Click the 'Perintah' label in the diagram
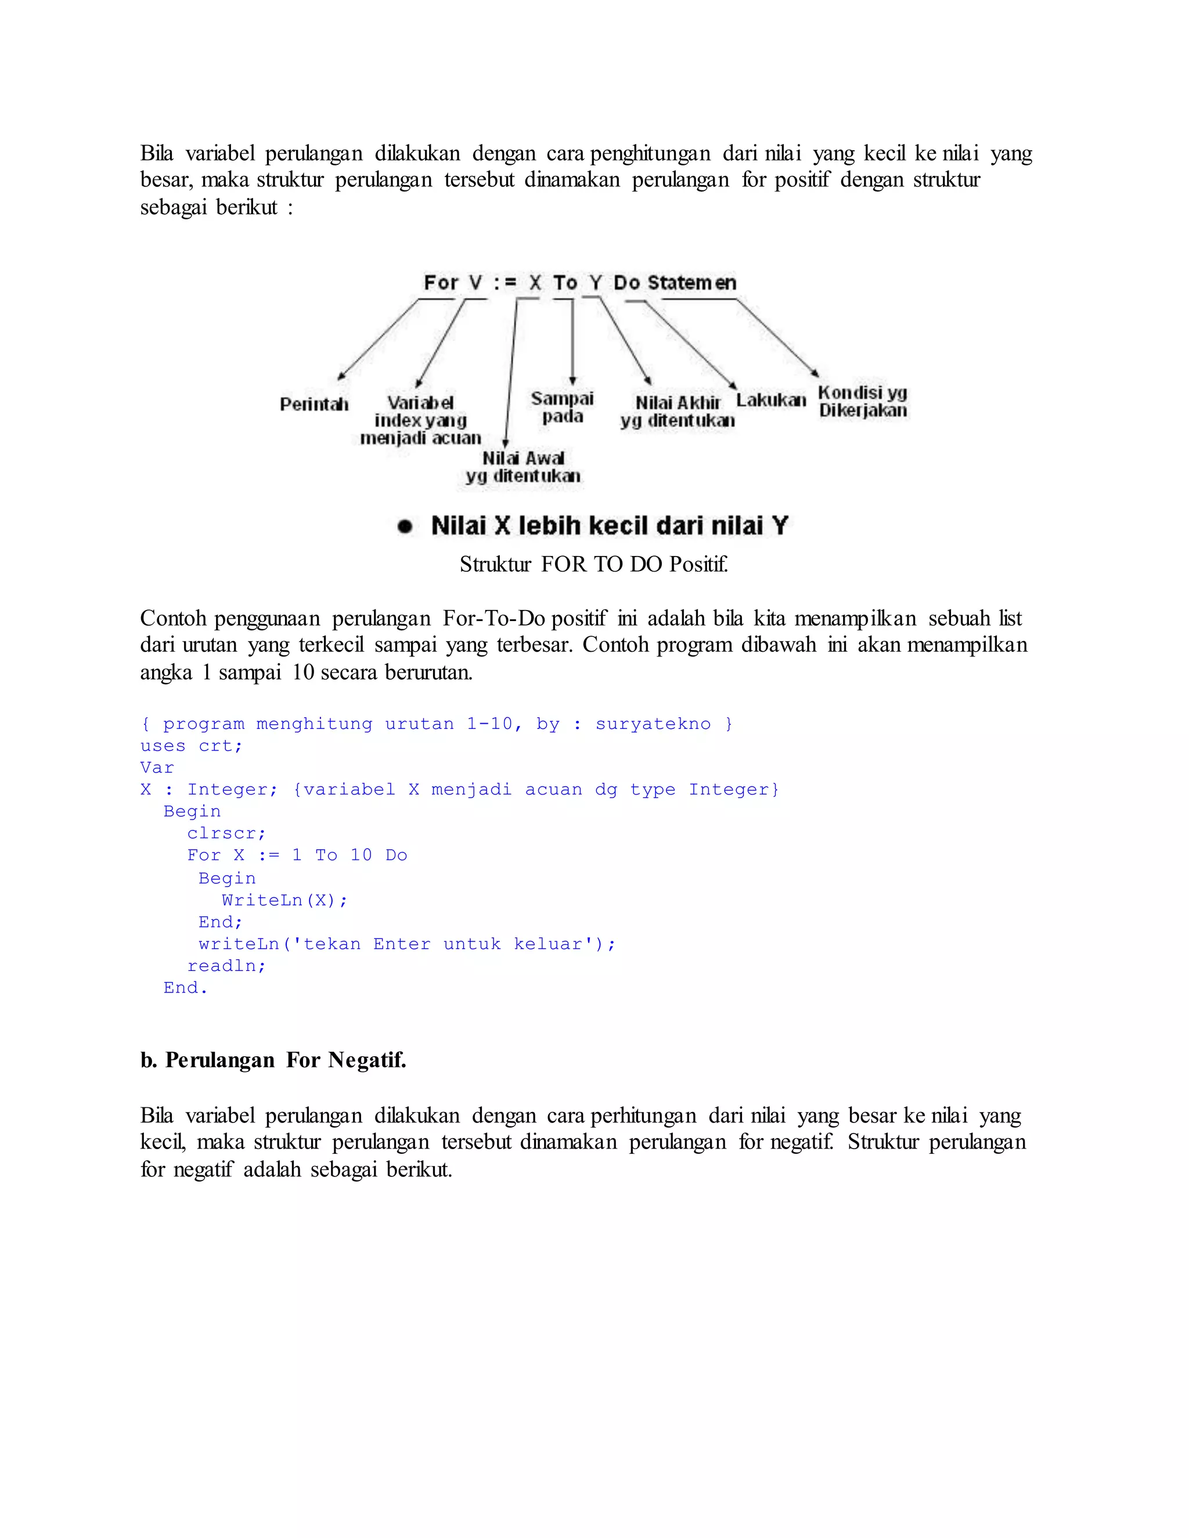pyautogui.click(x=314, y=404)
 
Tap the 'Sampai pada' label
pyautogui.click(x=562, y=407)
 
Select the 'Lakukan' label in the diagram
pyautogui.click(x=770, y=400)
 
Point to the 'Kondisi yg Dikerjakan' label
pyautogui.click(x=862, y=402)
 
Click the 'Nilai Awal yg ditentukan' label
pyautogui.click(x=523, y=467)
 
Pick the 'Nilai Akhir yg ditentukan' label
pyautogui.click(x=678, y=412)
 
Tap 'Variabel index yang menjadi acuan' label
pyautogui.click(x=420, y=420)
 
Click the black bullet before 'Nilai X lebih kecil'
pyautogui.click(x=404, y=526)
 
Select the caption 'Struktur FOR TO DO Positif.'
pyautogui.click(x=594, y=564)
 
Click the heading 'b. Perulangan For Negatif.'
pyautogui.click(x=273, y=1060)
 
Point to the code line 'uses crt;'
pyautogui.click(x=191, y=746)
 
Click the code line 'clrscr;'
pyautogui.click(x=226, y=833)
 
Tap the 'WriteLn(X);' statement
pyautogui.click(x=284, y=900)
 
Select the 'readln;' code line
pyautogui.click(x=226, y=966)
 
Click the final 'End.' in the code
pyautogui.click(x=185, y=988)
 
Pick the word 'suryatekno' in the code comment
pyautogui.click(x=653, y=724)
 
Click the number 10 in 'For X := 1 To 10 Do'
pyautogui.click(x=361, y=855)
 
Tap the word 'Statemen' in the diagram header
pyautogui.click(x=691, y=283)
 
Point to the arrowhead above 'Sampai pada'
pyautogui.click(x=572, y=380)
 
